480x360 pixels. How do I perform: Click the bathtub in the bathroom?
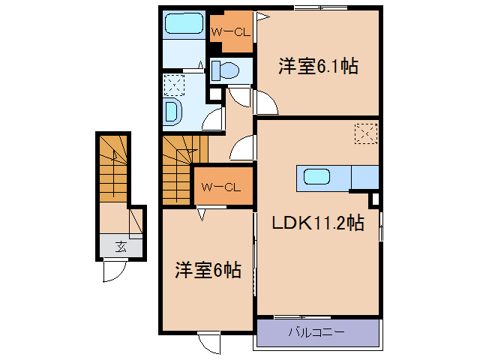pyautogui.click(x=184, y=25)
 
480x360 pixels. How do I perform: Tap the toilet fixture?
pyautogui.click(x=225, y=71)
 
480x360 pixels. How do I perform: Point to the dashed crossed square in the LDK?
pyautogui.click(x=365, y=134)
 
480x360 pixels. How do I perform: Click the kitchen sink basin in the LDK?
pyautogui.click(x=316, y=178)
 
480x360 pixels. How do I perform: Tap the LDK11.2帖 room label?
pyautogui.click(x=319, y=223)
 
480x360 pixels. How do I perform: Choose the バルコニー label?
pyautogui.click(x=318, y=331)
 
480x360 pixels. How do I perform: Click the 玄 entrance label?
pyautogui.click(x=120, y=245)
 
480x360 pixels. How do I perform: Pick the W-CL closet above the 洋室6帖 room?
pyautogui.click(x=220, y=187)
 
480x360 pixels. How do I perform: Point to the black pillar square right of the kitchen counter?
pyautogui.click(x=373, y=200)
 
